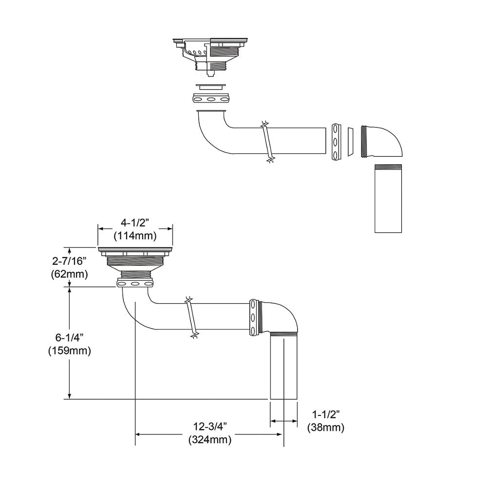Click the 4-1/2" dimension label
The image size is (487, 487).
135,223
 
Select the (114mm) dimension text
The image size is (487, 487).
135,236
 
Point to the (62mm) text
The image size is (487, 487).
69,274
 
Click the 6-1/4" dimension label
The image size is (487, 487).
69,337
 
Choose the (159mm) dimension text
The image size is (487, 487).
69,351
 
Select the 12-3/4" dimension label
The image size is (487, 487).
209,427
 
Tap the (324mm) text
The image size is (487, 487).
209,440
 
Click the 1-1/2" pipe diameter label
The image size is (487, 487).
326,414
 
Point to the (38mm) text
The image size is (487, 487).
326,428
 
